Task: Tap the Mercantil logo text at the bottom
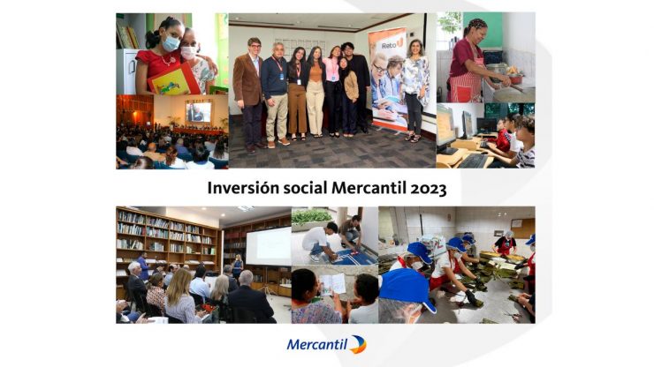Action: click(x=316, y=345)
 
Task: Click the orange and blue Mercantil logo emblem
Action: click(x=357, y=344)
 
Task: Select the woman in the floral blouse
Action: click(x=414, y=84)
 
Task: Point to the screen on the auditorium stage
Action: click(x=198, y=112)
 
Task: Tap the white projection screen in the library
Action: click(x=268, y=245)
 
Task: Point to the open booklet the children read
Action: click(x=333, y=283)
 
